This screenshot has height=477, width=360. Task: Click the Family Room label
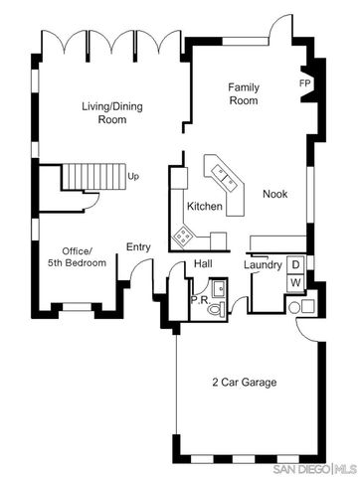pyautogui.click(x=244, y=93)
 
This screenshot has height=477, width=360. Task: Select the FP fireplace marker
pyautogui.click(x=304, y=82)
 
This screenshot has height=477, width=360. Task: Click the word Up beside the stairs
pyautogui.click(x=132, y=176)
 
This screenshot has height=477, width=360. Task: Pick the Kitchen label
pyautogui.click(x=204, y=207)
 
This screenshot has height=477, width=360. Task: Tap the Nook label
pyautogui.click(x=275, y=194)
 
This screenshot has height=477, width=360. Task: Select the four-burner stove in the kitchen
pyautogui.click(x=185, y=235)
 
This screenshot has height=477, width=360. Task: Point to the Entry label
pyautogui.click(x=137, y=247)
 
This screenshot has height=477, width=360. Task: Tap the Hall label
pyautogui.click(x=203, y=263)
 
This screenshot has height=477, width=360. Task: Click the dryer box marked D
pyautogui.click(x=295, y=265)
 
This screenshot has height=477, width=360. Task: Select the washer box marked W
pyautogui.click(x=295, y=284)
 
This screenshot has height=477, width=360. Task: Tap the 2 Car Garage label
pyautogui.click(x=244, y=383)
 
